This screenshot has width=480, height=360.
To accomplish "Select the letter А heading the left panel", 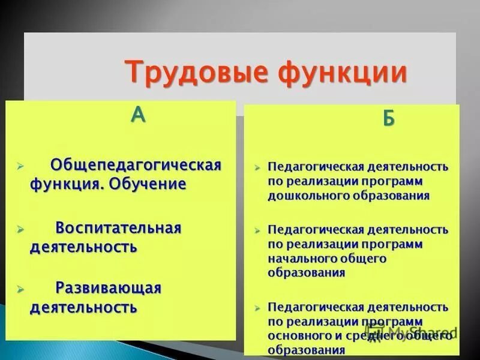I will point(138,114).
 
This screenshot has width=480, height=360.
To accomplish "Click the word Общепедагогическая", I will point(136,164).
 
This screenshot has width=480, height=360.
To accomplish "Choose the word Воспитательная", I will point(118,228).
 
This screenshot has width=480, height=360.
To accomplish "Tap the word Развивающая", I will point(109,288).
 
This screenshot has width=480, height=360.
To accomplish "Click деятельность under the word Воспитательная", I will point(83,247).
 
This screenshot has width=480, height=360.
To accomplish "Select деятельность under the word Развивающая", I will point(83,308).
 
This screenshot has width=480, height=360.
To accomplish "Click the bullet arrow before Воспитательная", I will point(20,229).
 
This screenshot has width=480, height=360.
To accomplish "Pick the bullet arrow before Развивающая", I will point(20,289).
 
